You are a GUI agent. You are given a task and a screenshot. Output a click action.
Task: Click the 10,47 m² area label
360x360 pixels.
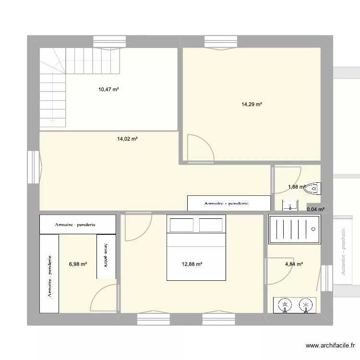tap(108, 89)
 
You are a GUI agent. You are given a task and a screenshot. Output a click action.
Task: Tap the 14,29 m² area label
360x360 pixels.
tap(252, 104)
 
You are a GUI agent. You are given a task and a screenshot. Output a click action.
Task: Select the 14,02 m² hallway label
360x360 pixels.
tap(127, 139)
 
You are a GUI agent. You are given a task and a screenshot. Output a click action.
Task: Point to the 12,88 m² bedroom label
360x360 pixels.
tap(192, 264)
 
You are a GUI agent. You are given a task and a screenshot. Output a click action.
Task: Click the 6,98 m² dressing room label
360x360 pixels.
tap(78, 264)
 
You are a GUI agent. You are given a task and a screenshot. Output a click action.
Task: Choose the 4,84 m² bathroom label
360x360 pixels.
tap(294, 264)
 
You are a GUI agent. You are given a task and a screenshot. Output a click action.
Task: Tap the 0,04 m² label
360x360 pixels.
tap(315, 209)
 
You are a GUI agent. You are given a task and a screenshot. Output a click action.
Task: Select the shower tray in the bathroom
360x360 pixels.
tap(294, 229)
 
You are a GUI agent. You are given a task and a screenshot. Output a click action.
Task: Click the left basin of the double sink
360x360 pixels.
tap(285, 304)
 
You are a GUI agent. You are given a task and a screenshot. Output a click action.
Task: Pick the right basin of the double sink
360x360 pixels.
tap(304, 304)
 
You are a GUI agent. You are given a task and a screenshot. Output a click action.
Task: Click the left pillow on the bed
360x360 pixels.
tap(180, 225)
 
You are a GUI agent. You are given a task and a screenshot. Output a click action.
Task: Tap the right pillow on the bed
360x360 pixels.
tap(211, 225)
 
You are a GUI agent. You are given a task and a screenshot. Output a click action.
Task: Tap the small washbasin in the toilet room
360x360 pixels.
tap(290, 205)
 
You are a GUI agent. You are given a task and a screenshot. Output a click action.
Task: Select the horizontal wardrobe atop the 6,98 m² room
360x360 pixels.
tap(77, 224)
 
